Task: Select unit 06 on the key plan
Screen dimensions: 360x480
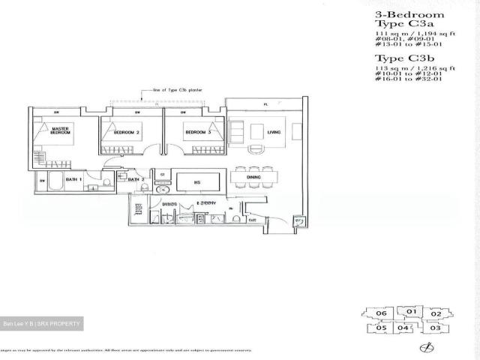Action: pyautogui.click(x=381, y=313)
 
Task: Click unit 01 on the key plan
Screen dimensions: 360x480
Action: pyautogui.click(x=411, y=310)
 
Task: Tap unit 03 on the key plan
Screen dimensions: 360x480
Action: pyautogui.click(x=436, y=328)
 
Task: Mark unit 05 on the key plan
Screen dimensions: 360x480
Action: pyautogui.click(x=381, y=328)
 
